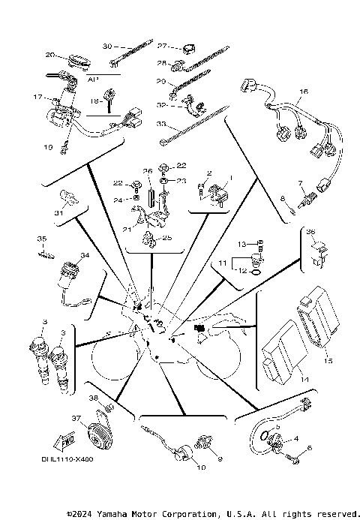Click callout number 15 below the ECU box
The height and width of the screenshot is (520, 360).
point(326,360)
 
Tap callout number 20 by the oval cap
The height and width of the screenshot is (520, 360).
point(51,55)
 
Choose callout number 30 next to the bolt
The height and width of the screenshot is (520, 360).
point(107,46)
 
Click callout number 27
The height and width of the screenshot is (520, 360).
point(161,46)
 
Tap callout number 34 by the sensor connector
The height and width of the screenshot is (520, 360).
point(85,256)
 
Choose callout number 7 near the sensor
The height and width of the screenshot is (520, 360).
point(299,182)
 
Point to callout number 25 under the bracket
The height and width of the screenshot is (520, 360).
point(167,237)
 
